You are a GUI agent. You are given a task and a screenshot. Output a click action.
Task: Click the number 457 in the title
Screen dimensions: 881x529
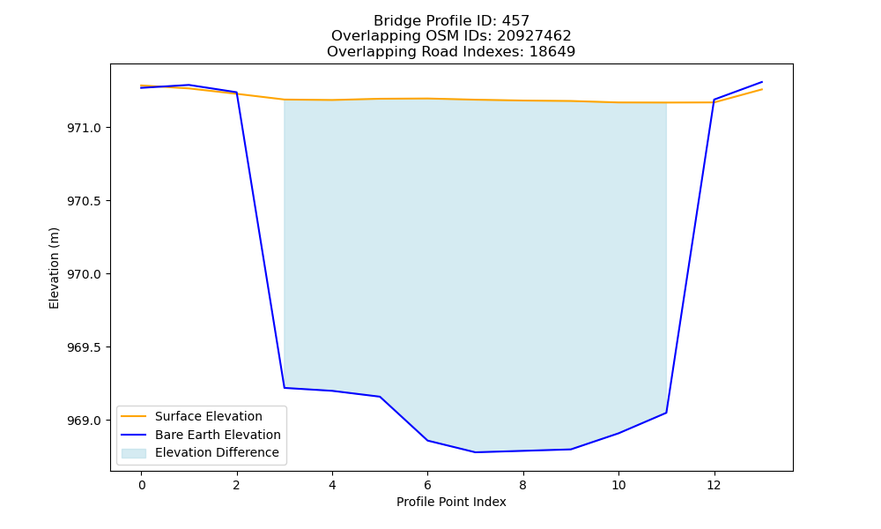pos(515,21)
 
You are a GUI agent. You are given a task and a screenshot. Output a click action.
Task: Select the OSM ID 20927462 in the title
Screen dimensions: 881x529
pos(534,36)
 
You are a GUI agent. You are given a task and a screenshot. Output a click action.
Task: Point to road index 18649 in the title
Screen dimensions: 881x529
pos(552,52)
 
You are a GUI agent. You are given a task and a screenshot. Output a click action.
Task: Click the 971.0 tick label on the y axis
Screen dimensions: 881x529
pos(85,128)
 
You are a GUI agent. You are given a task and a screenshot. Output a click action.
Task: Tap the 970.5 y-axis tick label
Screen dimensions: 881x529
pos(85,201)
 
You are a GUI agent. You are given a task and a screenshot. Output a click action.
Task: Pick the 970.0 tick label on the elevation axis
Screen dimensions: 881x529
pos(85,274)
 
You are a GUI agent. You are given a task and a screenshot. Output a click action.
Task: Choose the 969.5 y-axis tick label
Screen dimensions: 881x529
pos(85,347)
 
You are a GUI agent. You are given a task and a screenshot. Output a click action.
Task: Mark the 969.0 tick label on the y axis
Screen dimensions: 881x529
pos(85,421)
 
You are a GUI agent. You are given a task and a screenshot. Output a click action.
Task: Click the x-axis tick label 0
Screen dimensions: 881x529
pos(142,485)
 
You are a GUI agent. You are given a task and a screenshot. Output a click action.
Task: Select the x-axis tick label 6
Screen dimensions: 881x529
pos(427,485)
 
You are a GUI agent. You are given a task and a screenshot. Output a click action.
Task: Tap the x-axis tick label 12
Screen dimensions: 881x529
pos(714,485)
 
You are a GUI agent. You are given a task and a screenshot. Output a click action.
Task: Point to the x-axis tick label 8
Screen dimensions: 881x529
pos(523,485)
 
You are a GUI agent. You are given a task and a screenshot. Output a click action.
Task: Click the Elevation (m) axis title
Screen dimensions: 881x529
pos(54,268)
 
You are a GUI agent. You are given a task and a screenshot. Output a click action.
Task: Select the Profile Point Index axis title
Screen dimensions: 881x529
pos(451,502)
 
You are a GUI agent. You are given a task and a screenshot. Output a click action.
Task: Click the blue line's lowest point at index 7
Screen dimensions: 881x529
pos(476,452)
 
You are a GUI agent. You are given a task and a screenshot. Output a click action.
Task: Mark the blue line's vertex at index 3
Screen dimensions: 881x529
pos(285,388)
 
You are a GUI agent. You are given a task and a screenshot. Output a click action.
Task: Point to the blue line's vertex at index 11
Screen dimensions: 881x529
pos(666,413)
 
